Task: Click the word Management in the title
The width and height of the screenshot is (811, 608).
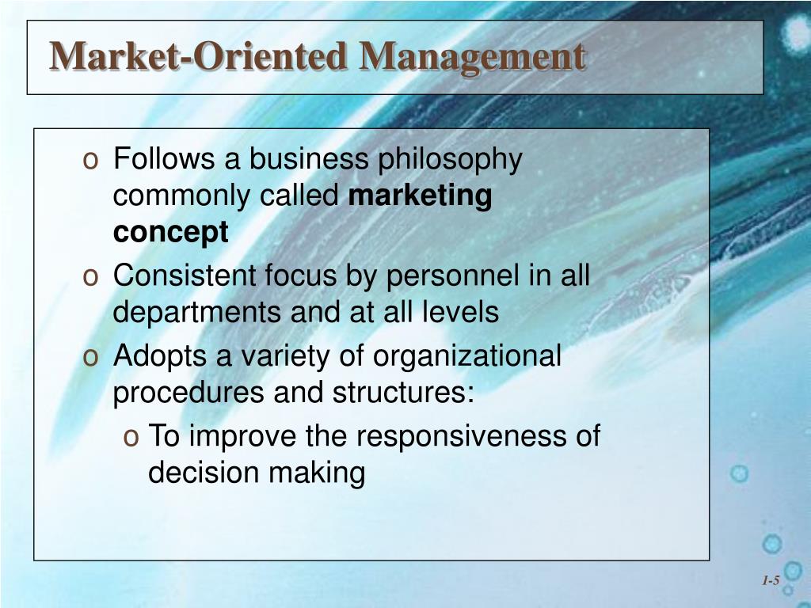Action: point(472,57)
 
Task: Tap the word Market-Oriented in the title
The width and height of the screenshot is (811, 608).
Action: point(198,57)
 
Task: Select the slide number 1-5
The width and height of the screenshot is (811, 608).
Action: point(771,581)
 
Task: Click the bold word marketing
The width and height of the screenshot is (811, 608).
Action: point(421,196)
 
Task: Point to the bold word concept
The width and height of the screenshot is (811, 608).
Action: point(170,233)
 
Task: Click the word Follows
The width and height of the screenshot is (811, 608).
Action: point(164,159)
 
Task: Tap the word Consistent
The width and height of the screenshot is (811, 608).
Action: point(185,276)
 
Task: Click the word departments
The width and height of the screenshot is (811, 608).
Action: point(198,313)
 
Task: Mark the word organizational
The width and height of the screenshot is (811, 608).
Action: point(467,356)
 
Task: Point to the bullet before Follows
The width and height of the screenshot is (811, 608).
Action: point(90,161)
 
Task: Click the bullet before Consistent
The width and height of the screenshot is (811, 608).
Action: point(90,278)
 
